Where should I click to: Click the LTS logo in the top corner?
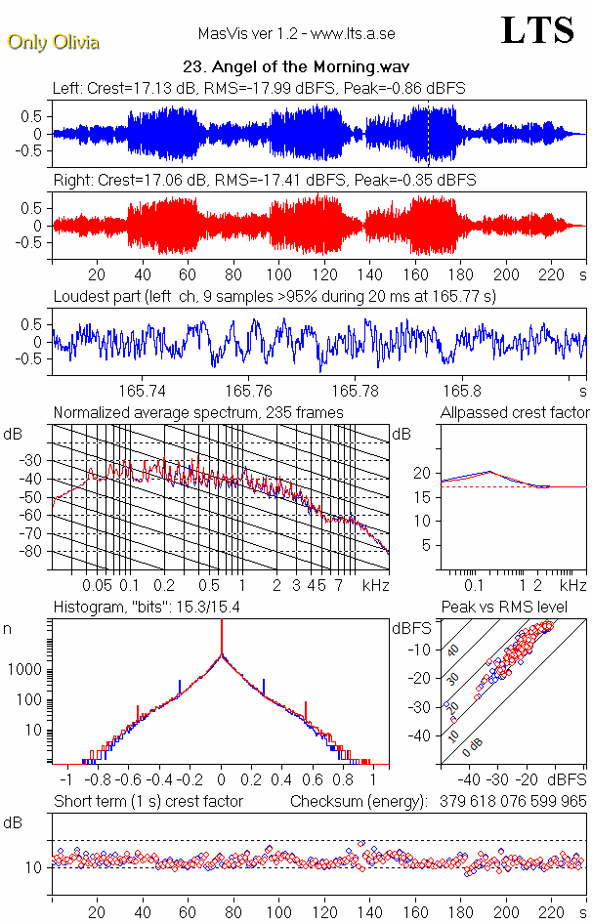point(537,30)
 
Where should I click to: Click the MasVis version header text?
point(296,33)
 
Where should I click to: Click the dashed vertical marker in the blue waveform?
point(428,134)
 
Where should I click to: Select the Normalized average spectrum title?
point(198,413)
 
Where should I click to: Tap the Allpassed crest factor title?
point(514,413)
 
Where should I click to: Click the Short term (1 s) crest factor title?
point(148,802)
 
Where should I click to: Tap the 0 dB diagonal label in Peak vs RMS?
point(473,749)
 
